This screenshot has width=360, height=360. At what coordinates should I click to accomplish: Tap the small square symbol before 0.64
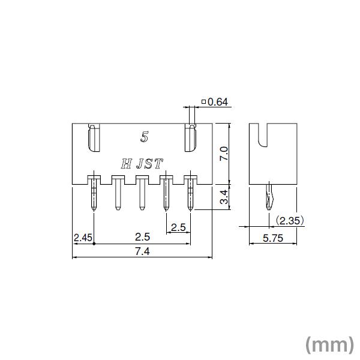pos(204,103)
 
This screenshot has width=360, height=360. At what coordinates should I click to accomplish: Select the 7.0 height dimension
pos(223,153)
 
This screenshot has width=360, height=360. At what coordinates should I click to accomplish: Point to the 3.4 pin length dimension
pos(223,197)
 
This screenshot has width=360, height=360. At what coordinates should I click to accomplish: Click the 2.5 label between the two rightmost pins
pos(178,227)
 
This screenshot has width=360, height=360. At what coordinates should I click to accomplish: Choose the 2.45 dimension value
pos(82,238)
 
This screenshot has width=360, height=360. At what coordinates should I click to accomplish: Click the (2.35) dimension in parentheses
pos(290,221)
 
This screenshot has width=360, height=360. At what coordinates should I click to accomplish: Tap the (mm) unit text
pos(329,344)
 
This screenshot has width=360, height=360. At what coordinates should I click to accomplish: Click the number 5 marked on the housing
pos(144,137)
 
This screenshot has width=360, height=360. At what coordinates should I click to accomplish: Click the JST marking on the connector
pos(150,162)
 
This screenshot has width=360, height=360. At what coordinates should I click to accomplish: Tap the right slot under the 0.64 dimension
pos(190,139)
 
